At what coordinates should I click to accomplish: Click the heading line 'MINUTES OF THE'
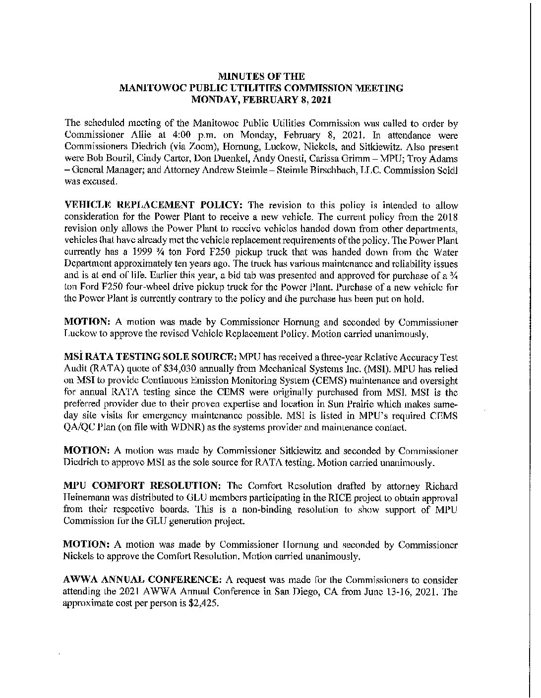[x=261, y=76]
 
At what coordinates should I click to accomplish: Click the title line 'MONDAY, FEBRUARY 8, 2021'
[x=261, y=99]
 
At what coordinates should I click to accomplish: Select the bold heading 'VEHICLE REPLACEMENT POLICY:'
[x=154, y=206]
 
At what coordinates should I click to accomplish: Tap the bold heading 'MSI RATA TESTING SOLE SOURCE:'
[x=151, y=356]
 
